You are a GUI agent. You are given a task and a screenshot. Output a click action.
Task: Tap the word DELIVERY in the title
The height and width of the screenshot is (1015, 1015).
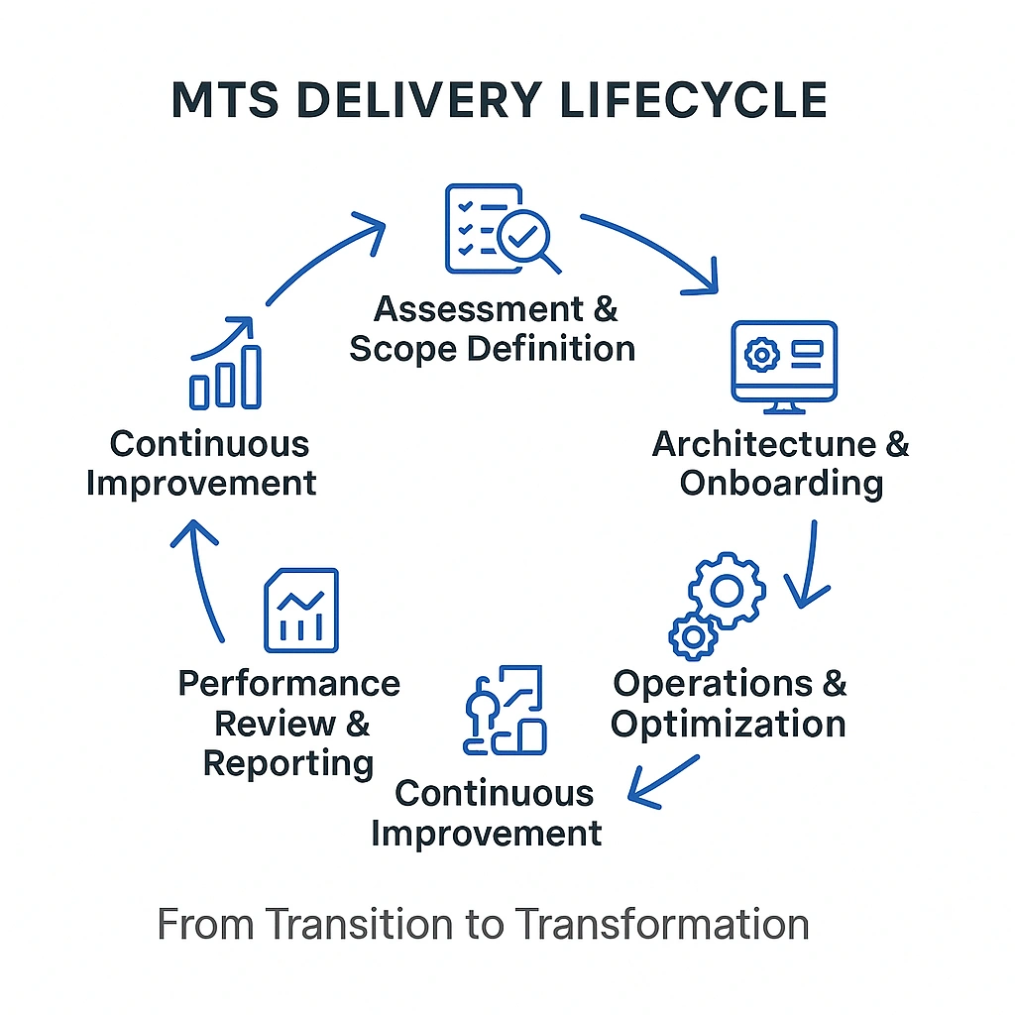(440, 100)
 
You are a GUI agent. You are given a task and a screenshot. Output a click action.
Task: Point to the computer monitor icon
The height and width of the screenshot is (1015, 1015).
(784, 361)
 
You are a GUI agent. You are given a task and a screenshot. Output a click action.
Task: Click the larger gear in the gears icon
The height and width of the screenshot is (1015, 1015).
(728, 591)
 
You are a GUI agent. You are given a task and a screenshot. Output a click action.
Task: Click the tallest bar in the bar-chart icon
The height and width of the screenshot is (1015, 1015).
(252, 377)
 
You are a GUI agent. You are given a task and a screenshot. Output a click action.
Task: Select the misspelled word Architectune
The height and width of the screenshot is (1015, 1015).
(764, 444)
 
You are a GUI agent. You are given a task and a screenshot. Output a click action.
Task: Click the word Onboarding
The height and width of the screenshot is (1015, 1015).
(781, 484)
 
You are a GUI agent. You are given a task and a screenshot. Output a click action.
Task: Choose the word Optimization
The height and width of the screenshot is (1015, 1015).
(728, 724)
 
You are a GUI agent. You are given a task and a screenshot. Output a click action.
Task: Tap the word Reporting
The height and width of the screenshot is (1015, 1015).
(288, 763)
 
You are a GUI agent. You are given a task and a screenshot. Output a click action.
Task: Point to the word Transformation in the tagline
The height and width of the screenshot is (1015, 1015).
(661, 924)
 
